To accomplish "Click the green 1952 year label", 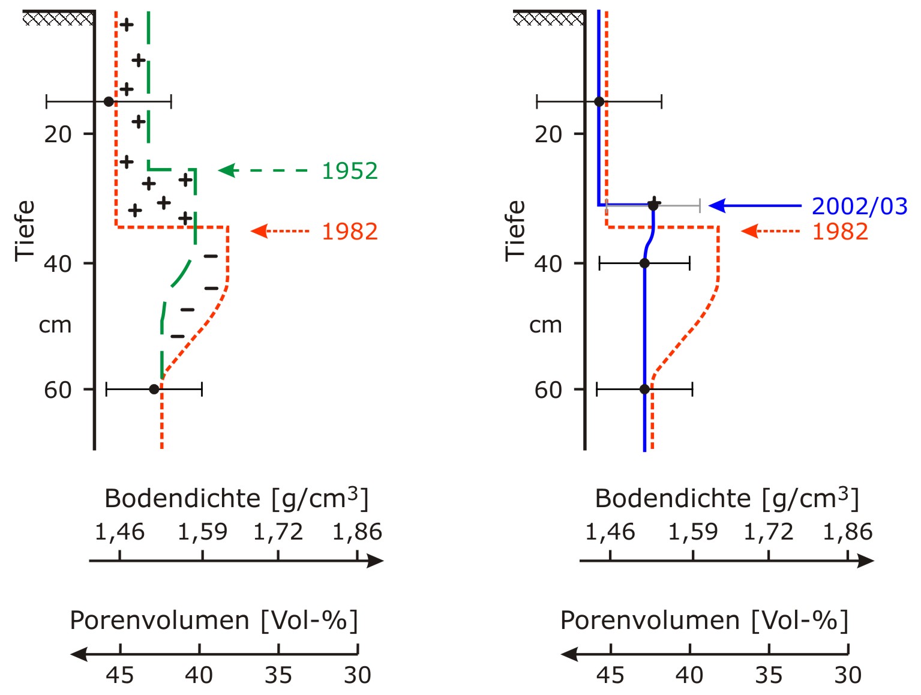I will click(x=350, y=171).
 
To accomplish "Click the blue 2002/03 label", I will click(x=859, y=206).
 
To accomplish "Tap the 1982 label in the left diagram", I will click(x=350, y=232).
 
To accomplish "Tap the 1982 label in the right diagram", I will click(x=840, y=232).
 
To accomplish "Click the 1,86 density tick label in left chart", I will click(x=357, y=532).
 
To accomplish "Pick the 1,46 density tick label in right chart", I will click(x=610, y=532).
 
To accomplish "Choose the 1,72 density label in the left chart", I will click(x=278, y=532).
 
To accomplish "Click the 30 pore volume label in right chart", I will click(x=848, y=675).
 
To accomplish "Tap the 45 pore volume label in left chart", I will click(x=120, y=675).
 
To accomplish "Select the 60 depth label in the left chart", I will click(x=58, y=390).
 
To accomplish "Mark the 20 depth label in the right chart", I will click(x=548, y=134).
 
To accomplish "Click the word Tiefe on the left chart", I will click(x=25, y=230).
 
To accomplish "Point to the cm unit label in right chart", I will click(x=545, y=325).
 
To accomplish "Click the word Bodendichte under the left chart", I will click(x=182, y=498).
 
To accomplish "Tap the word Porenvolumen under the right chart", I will click(x=650, y=620).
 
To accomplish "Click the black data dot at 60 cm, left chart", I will click(x=154, y=389).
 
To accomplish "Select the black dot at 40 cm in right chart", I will click(x=644, y=263).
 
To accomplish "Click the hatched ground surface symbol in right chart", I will click(x=548, y=19).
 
